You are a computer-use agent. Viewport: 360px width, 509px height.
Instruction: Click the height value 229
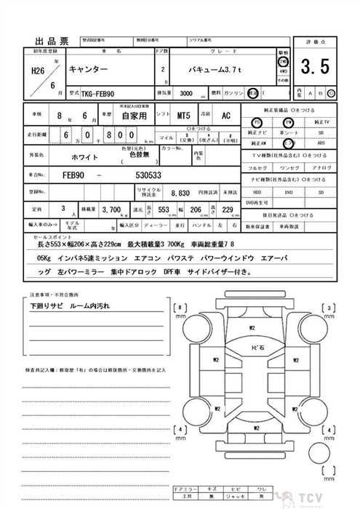coord(227,209)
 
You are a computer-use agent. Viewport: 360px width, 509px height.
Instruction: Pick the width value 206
coord(194,209)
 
